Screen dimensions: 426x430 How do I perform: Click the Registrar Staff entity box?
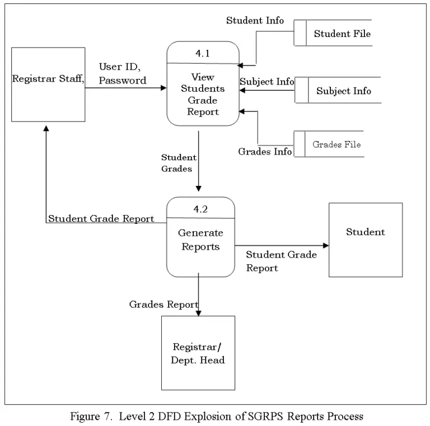pyautogui.click(x=48, y=84)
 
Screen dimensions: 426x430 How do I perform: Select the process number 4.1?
pyautogui.click(x=202, y=54)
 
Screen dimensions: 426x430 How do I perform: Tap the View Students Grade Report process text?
pyautogui.click(x=203, y=94)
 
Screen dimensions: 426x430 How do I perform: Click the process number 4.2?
pyautogui.click(x=200, y=209)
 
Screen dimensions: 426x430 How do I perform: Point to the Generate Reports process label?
pyautogui.click(x=200, y=239)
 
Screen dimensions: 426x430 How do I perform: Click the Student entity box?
pyautogui.click(x=365, y=239)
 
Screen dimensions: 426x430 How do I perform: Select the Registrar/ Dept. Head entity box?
pyautogui.click(x=198, y=353)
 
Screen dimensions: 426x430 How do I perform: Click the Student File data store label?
pyautogui.click(x=342, y=34)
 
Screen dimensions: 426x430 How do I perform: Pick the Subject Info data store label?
pyautogui.click(x=343, y=91)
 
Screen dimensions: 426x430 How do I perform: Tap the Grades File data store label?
pyautogui.click(x=336, y=144)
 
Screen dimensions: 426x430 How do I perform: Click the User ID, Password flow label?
pyautogui.click(x=122, y=74)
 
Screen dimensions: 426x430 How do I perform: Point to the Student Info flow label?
pyautogui.click(x=255, y=21)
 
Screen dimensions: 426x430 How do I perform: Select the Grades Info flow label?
pyautogui.click(x=265, y=152)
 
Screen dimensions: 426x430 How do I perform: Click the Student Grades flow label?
pyautogui.click(x=179, y=163)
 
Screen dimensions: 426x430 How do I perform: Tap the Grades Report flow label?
pyautogui.click(x=163, y=305)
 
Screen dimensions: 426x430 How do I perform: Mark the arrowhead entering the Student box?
pyautogui.click(x=325, y=245)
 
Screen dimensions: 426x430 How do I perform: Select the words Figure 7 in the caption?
pyautogui.click(x=89, y=416)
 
